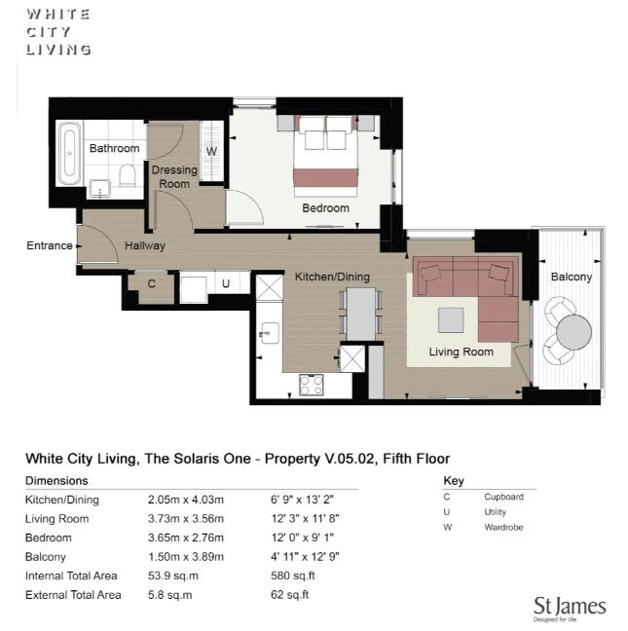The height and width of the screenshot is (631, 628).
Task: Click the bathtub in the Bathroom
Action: coord(68,153)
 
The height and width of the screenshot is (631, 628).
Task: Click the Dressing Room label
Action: coord(174,176)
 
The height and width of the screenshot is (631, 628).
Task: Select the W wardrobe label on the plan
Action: coord(211,152)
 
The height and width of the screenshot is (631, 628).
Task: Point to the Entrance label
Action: coord(49,245)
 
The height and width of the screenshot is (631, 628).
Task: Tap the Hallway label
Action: coord(144,246)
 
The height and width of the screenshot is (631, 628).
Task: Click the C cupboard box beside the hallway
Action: coord(151,284)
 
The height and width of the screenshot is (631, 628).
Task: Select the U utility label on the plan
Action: coord(225,284)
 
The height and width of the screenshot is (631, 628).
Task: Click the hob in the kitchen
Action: coord(312,385)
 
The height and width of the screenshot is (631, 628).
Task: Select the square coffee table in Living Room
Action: coord(451,320)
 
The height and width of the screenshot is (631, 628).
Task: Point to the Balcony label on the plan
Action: coord(571,278)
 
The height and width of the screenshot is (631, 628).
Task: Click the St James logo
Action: coord(570,608)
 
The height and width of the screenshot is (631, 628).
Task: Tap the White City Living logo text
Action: coord(58,31)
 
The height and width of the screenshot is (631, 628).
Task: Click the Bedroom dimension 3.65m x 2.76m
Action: coord(192,538)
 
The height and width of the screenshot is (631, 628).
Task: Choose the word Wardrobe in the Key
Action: coord(503,528)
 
